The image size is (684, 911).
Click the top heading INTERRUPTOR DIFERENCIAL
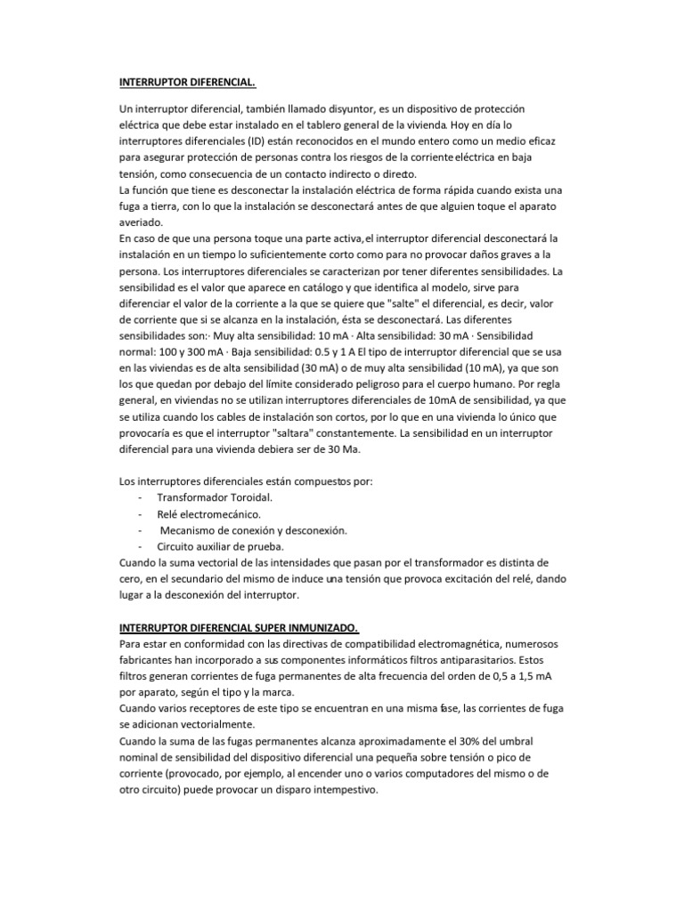point(187,83)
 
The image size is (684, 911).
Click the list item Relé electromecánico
point(208,513)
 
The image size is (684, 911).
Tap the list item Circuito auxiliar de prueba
point(220,546)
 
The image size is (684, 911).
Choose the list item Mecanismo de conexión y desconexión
point(253,530)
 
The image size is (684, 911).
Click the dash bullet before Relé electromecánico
point(140,513)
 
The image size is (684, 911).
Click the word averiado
point(142,222)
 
